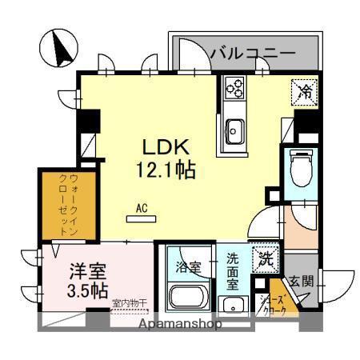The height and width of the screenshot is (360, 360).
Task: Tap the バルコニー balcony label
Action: pos(252,54)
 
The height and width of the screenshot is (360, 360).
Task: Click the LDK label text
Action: pos(165,147)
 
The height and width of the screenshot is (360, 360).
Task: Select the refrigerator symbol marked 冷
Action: pos(305,91)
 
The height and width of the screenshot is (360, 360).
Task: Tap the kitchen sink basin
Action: pos(234,128)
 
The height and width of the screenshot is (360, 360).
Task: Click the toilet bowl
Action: pos(301,167)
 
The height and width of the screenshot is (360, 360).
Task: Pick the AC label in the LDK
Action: pos(142,209)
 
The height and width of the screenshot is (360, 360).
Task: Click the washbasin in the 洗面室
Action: pos(233,305)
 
